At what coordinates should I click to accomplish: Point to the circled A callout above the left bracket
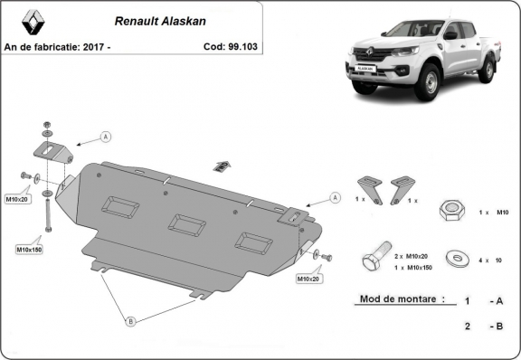pos(106,137)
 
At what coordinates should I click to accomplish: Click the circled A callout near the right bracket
pos(334,197)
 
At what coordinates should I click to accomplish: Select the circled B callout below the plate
pos(129,320)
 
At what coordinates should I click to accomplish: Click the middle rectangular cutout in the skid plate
pos(185,223)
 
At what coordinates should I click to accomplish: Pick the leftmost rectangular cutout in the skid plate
pos(119,206)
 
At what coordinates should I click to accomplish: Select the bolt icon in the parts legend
pos(374,260)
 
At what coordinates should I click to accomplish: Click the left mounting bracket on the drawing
pos(55,151)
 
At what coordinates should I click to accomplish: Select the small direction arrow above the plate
pos(221,166)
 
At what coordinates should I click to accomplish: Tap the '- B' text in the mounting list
pos(495,326)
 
